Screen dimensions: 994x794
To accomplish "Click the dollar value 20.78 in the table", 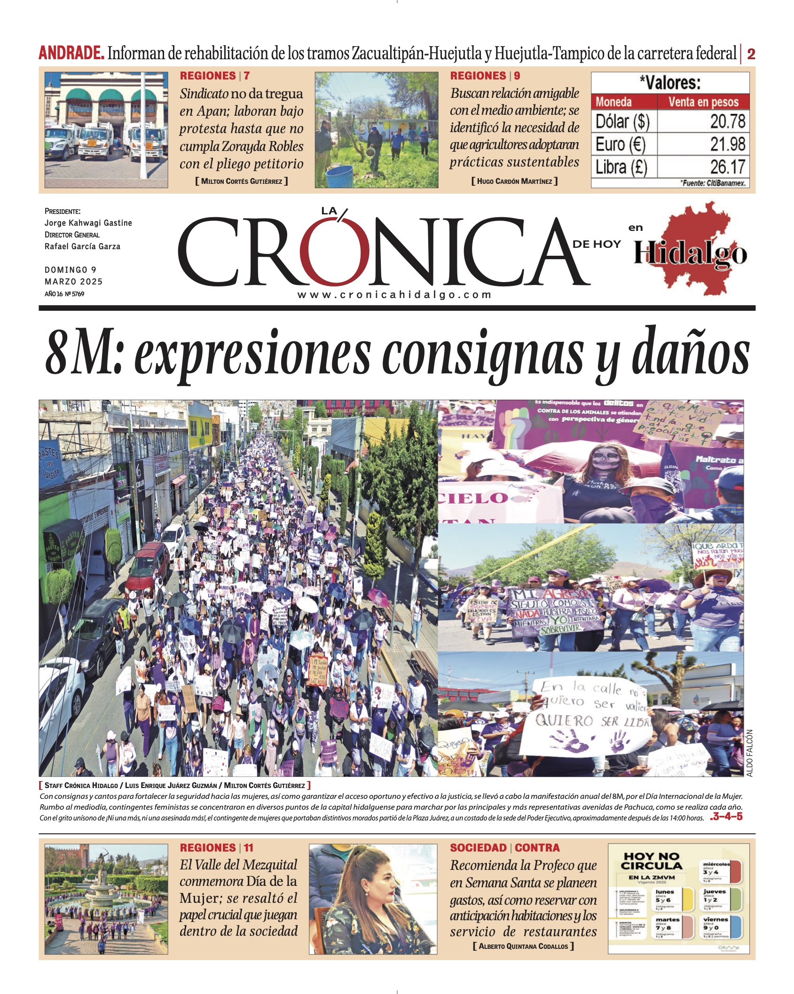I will point(727,122).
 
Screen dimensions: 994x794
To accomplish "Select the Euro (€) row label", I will point(621,144).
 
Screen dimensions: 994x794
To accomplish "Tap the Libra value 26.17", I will point(727,167).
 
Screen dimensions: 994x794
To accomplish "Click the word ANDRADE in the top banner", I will point(71,53).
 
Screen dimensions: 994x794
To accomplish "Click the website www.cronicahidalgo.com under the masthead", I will point(394,295).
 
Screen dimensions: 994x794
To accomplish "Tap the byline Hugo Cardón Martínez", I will point(514,181).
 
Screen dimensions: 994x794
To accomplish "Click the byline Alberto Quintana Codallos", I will point(523,946).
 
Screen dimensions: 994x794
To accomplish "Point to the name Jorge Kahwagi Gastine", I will point(88,223).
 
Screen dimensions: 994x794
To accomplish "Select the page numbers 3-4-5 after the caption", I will point(727,817).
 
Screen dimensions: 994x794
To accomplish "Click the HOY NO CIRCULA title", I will point(651,861).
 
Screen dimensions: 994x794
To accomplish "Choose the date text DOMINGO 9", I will point(71,270).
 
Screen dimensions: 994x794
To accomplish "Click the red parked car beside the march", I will point(147,564).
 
